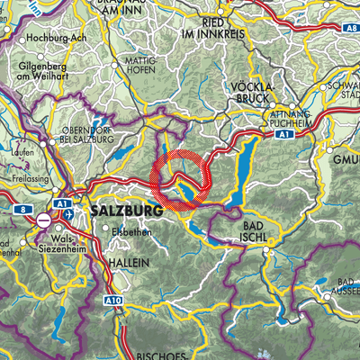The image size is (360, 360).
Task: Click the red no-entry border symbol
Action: click(x=42, y=219)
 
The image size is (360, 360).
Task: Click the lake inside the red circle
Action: click(x=184, y=191)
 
